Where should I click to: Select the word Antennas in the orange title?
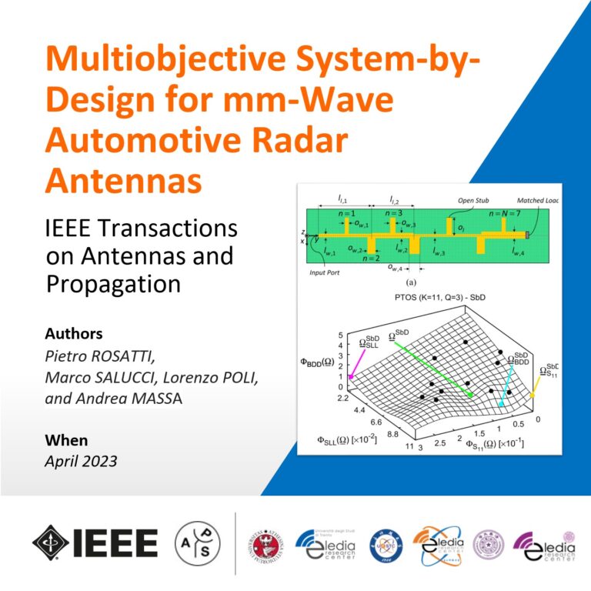tap(124, 182)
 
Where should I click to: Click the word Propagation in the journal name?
tap(113, 283)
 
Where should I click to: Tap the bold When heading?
tap(67, 441)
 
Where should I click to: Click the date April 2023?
tap(82, 461)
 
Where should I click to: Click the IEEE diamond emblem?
tap(49, 544)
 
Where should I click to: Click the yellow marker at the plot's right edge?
tap(531, 396)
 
